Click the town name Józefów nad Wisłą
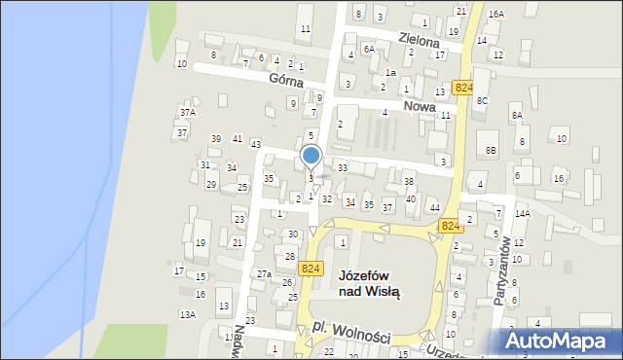[369, 282]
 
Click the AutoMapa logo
[560, 341]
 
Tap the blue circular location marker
[311, 156]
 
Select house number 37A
[187, 113]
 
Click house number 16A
[496, 15]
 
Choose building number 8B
[492, 150]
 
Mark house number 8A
[517, 116]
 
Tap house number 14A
[522, 213]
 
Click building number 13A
[187, 314]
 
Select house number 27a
[264, 274]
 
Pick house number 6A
[369, 49]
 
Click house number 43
[256, 144]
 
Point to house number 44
[434, 208]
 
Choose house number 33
[343, 168]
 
